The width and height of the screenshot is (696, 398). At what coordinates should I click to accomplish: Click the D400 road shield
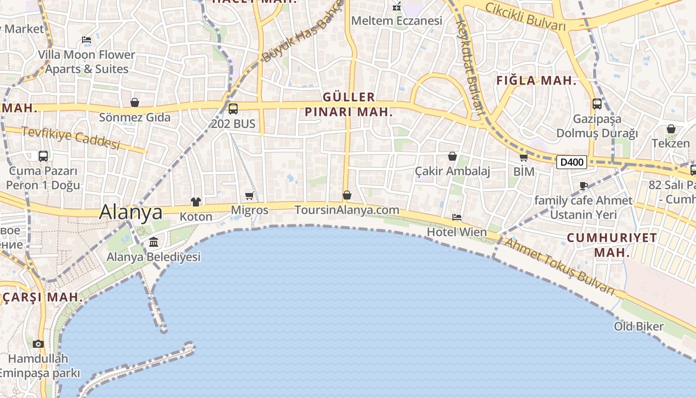(571, 162)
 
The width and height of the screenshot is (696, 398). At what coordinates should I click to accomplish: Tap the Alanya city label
(131, 212)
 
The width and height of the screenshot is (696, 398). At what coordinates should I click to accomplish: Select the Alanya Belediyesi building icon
(154, 242)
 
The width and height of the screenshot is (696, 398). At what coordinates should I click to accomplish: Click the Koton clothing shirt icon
(196, 202)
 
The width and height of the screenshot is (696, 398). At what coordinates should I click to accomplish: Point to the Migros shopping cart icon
(250, 196)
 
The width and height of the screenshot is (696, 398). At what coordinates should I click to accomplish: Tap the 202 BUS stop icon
(233, 108)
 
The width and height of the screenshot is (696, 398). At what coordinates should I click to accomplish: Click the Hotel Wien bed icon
(456, 217)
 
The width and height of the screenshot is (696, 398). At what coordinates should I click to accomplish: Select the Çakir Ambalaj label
(452, 171)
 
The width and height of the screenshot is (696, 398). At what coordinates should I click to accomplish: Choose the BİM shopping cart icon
(523, 158)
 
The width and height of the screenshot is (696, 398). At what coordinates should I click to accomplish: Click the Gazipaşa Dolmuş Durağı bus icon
(597, 104)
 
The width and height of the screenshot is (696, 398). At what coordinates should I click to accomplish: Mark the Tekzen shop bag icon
(671, 129)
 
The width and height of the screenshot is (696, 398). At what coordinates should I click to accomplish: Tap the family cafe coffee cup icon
(584, 186)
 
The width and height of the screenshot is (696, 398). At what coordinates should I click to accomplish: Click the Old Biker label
(638, 326)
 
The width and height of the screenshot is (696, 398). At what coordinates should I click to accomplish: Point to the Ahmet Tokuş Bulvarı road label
(560, 266)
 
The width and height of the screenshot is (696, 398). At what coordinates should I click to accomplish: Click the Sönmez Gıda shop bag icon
(134, 102)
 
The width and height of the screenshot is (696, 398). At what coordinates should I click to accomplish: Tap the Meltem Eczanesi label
(396, 21)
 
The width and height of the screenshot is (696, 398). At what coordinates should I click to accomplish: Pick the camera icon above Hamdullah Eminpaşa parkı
(38, 344)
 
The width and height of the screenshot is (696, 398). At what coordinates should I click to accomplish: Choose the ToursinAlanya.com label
(347, 210)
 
